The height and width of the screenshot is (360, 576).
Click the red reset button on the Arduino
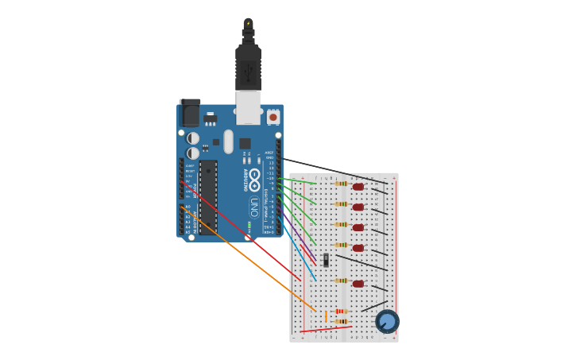point(273,117)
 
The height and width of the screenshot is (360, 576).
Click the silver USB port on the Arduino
point(248,106)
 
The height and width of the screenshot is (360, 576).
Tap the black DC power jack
point(190,113)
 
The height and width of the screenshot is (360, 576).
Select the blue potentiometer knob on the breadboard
point(387,321)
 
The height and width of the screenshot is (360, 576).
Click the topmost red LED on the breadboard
point(358,187)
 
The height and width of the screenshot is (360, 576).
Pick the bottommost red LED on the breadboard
point(358,284)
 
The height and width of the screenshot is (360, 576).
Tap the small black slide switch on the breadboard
point(326,259)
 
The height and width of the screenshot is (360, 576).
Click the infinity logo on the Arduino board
point(254,179)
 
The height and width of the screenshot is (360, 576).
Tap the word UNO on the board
point(254,207)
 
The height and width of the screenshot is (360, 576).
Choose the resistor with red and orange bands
point(341,312)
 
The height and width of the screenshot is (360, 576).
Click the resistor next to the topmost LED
point(341,184)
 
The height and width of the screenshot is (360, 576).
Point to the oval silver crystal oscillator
point(229,141)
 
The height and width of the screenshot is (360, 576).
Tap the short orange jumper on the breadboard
point(326,316)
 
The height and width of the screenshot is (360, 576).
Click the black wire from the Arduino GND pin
point(334,171)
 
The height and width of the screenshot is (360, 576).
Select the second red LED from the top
point(358,207)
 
